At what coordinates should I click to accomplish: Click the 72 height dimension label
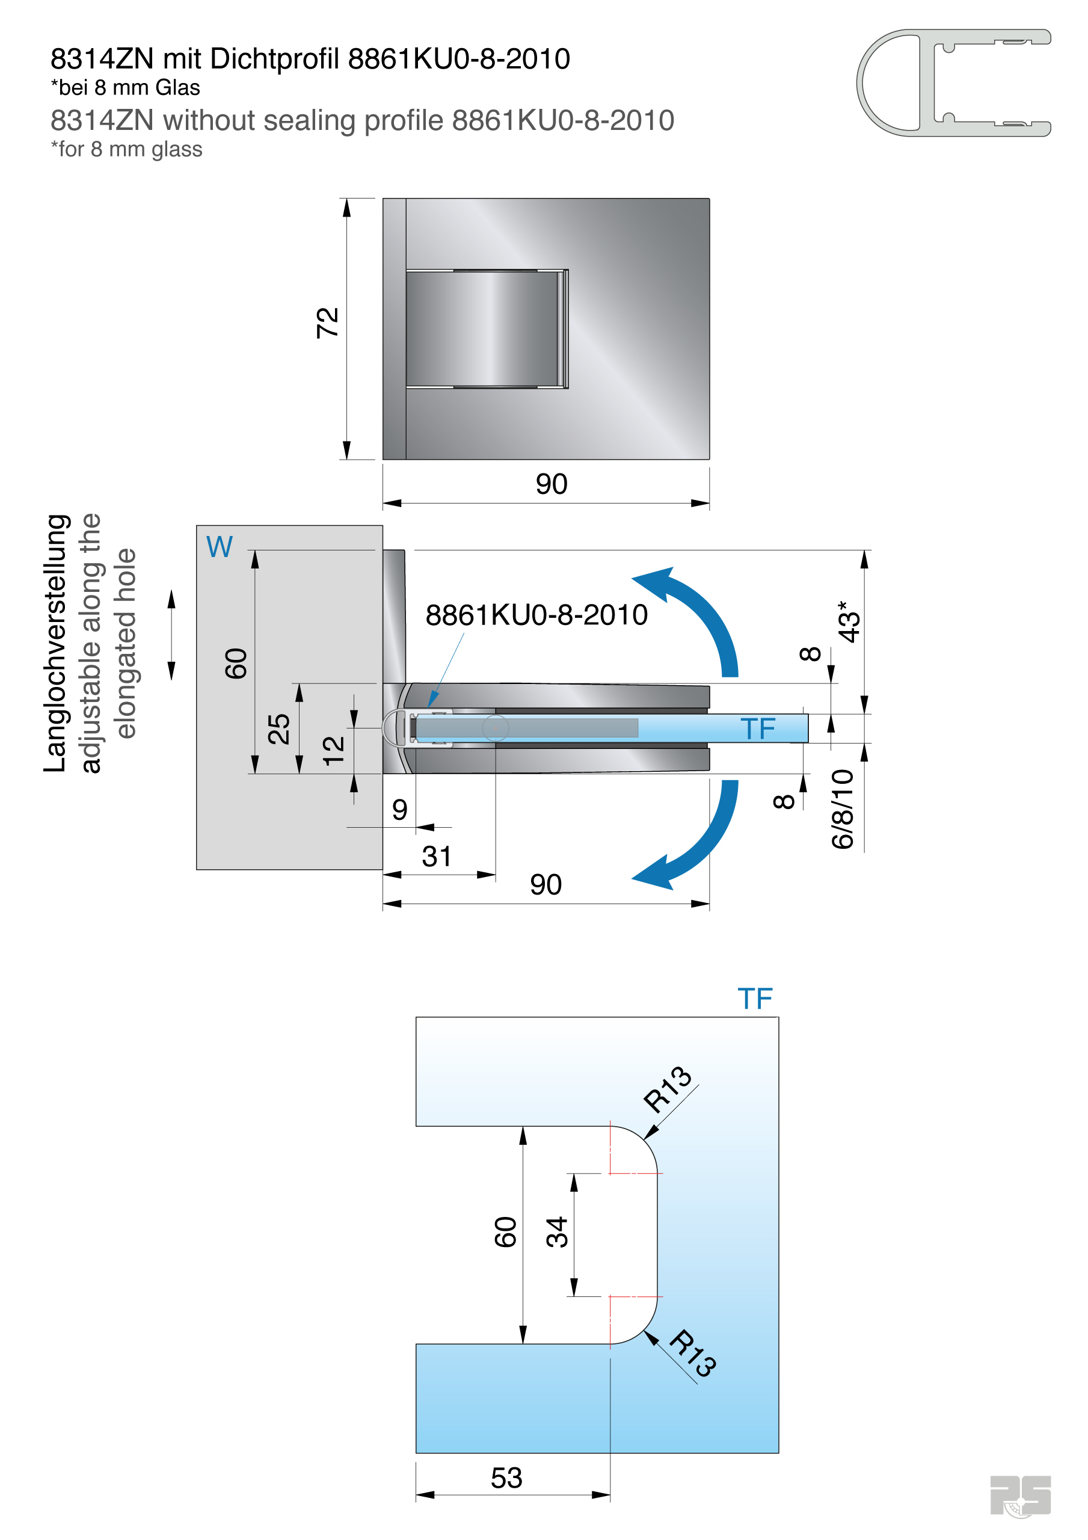coord(327,322)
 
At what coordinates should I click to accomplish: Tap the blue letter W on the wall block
coord(220,547)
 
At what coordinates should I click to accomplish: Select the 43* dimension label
coord(849,622)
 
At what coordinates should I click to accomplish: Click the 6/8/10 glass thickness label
coord(843,809)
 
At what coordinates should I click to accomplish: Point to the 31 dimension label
coord(437,857)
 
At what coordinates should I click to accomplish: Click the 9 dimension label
coord(400,810)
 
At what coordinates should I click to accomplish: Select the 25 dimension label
coord(278,729)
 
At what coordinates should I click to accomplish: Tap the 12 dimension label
coord(333,751)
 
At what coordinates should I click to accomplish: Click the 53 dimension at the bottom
coord(506,1478)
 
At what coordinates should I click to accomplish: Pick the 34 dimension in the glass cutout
coord(557,1232)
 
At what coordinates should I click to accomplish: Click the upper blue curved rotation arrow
coord(698,614)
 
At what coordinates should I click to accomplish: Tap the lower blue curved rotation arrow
coord(698,842)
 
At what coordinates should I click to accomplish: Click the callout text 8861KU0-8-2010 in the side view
coord(536,615)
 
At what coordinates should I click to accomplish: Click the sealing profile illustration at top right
coord(953,82)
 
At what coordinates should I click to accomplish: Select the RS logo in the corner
coord(1019,1495)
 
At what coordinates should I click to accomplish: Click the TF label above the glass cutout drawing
coord(755,999)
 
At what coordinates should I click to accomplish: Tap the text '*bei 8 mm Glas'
coord(126,88)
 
